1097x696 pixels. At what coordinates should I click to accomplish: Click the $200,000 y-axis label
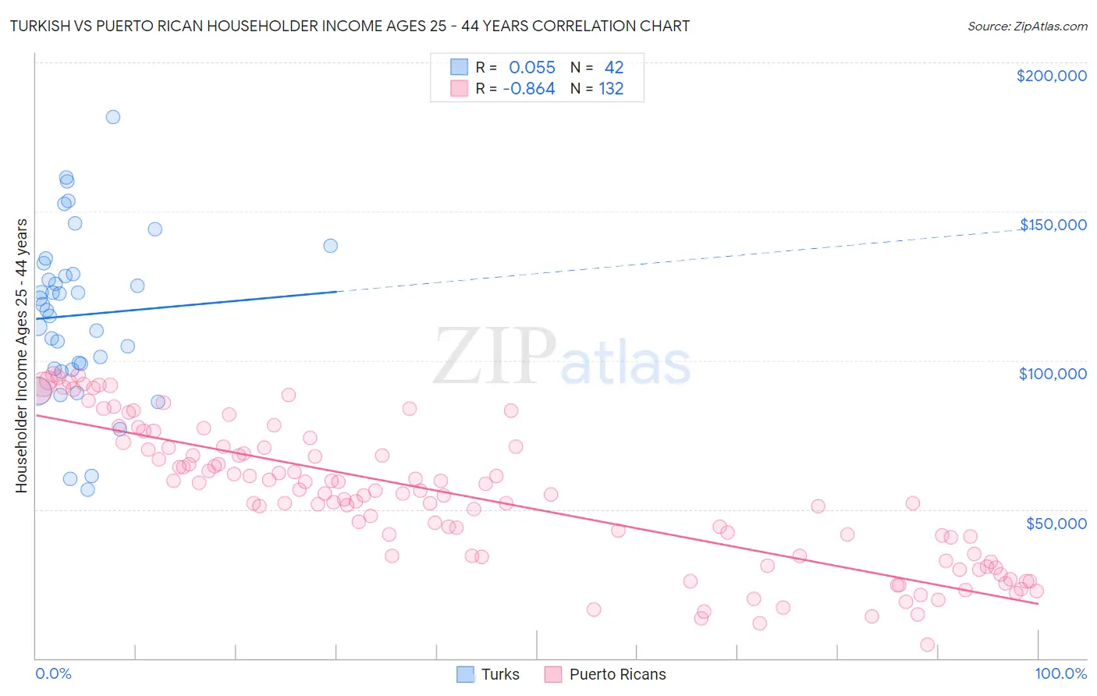coord(1051,76)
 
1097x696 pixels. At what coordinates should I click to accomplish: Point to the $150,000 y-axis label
coord(1053,225)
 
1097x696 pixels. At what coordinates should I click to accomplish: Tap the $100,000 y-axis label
coord(1053,374)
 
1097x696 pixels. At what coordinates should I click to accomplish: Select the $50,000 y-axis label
coord(1056,523)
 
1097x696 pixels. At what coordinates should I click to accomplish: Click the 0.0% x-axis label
coord(53,673)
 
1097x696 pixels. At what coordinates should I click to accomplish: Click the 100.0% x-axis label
coord(1060,673)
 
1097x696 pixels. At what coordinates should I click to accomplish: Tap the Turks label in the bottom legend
coord(500,674)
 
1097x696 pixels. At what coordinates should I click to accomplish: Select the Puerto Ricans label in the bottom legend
coord(617,674)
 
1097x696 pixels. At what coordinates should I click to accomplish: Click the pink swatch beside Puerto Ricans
coord(553,674)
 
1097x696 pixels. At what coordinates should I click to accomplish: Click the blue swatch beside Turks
coord(465,674)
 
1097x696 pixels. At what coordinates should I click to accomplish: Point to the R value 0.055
coord(532,68)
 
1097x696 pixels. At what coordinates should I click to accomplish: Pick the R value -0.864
coord(529,89)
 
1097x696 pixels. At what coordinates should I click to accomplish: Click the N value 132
coord(611,89)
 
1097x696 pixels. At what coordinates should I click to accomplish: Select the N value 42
coord(614,68)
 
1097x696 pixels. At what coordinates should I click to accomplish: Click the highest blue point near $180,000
coord(113,117)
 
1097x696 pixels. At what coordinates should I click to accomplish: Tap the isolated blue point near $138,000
coord(331,246)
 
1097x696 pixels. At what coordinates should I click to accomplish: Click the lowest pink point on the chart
coord(927,645)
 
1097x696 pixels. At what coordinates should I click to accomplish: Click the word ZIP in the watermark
coord(494,357)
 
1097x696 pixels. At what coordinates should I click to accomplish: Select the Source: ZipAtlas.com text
coord(1027,27)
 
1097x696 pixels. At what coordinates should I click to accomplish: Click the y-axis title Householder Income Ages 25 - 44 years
coord(22,356)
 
